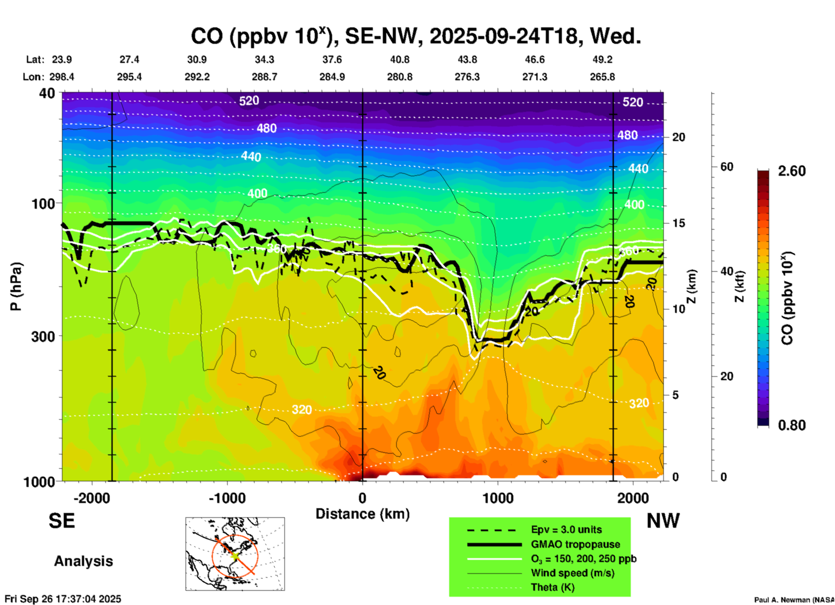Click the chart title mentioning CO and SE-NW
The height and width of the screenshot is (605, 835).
[x=415, y=36]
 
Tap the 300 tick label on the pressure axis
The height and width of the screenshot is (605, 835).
[x=43, y=336]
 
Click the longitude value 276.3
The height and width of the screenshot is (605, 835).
[x=467, y=77]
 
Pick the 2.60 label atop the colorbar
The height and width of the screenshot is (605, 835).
[x=792, y=171]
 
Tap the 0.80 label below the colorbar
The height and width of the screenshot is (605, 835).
[x=792, y=425]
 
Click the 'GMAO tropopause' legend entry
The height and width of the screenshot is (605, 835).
[x=575, y=544]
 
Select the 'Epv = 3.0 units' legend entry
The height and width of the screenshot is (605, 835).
[x=566, y=529]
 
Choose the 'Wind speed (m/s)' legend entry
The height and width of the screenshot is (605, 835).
[x=572, y=573]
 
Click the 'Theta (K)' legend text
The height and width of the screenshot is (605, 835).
[x=552, y=587]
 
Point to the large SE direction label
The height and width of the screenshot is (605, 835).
[x=62, y=521]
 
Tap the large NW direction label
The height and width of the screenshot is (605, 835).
[x=663, y=521]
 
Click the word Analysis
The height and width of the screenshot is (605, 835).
[x=83, y=561]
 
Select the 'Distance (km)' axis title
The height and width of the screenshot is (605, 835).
[x=362, y=514]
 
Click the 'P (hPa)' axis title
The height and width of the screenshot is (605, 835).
[x=16, y=286]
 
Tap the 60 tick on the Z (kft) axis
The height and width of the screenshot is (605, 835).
[x=727, y=167]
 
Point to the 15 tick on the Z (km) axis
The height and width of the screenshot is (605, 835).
[x=678, y=223]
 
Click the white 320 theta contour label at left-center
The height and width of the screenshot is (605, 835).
[x=301, y=409]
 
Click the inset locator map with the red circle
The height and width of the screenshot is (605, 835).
[x=235, y=554]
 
